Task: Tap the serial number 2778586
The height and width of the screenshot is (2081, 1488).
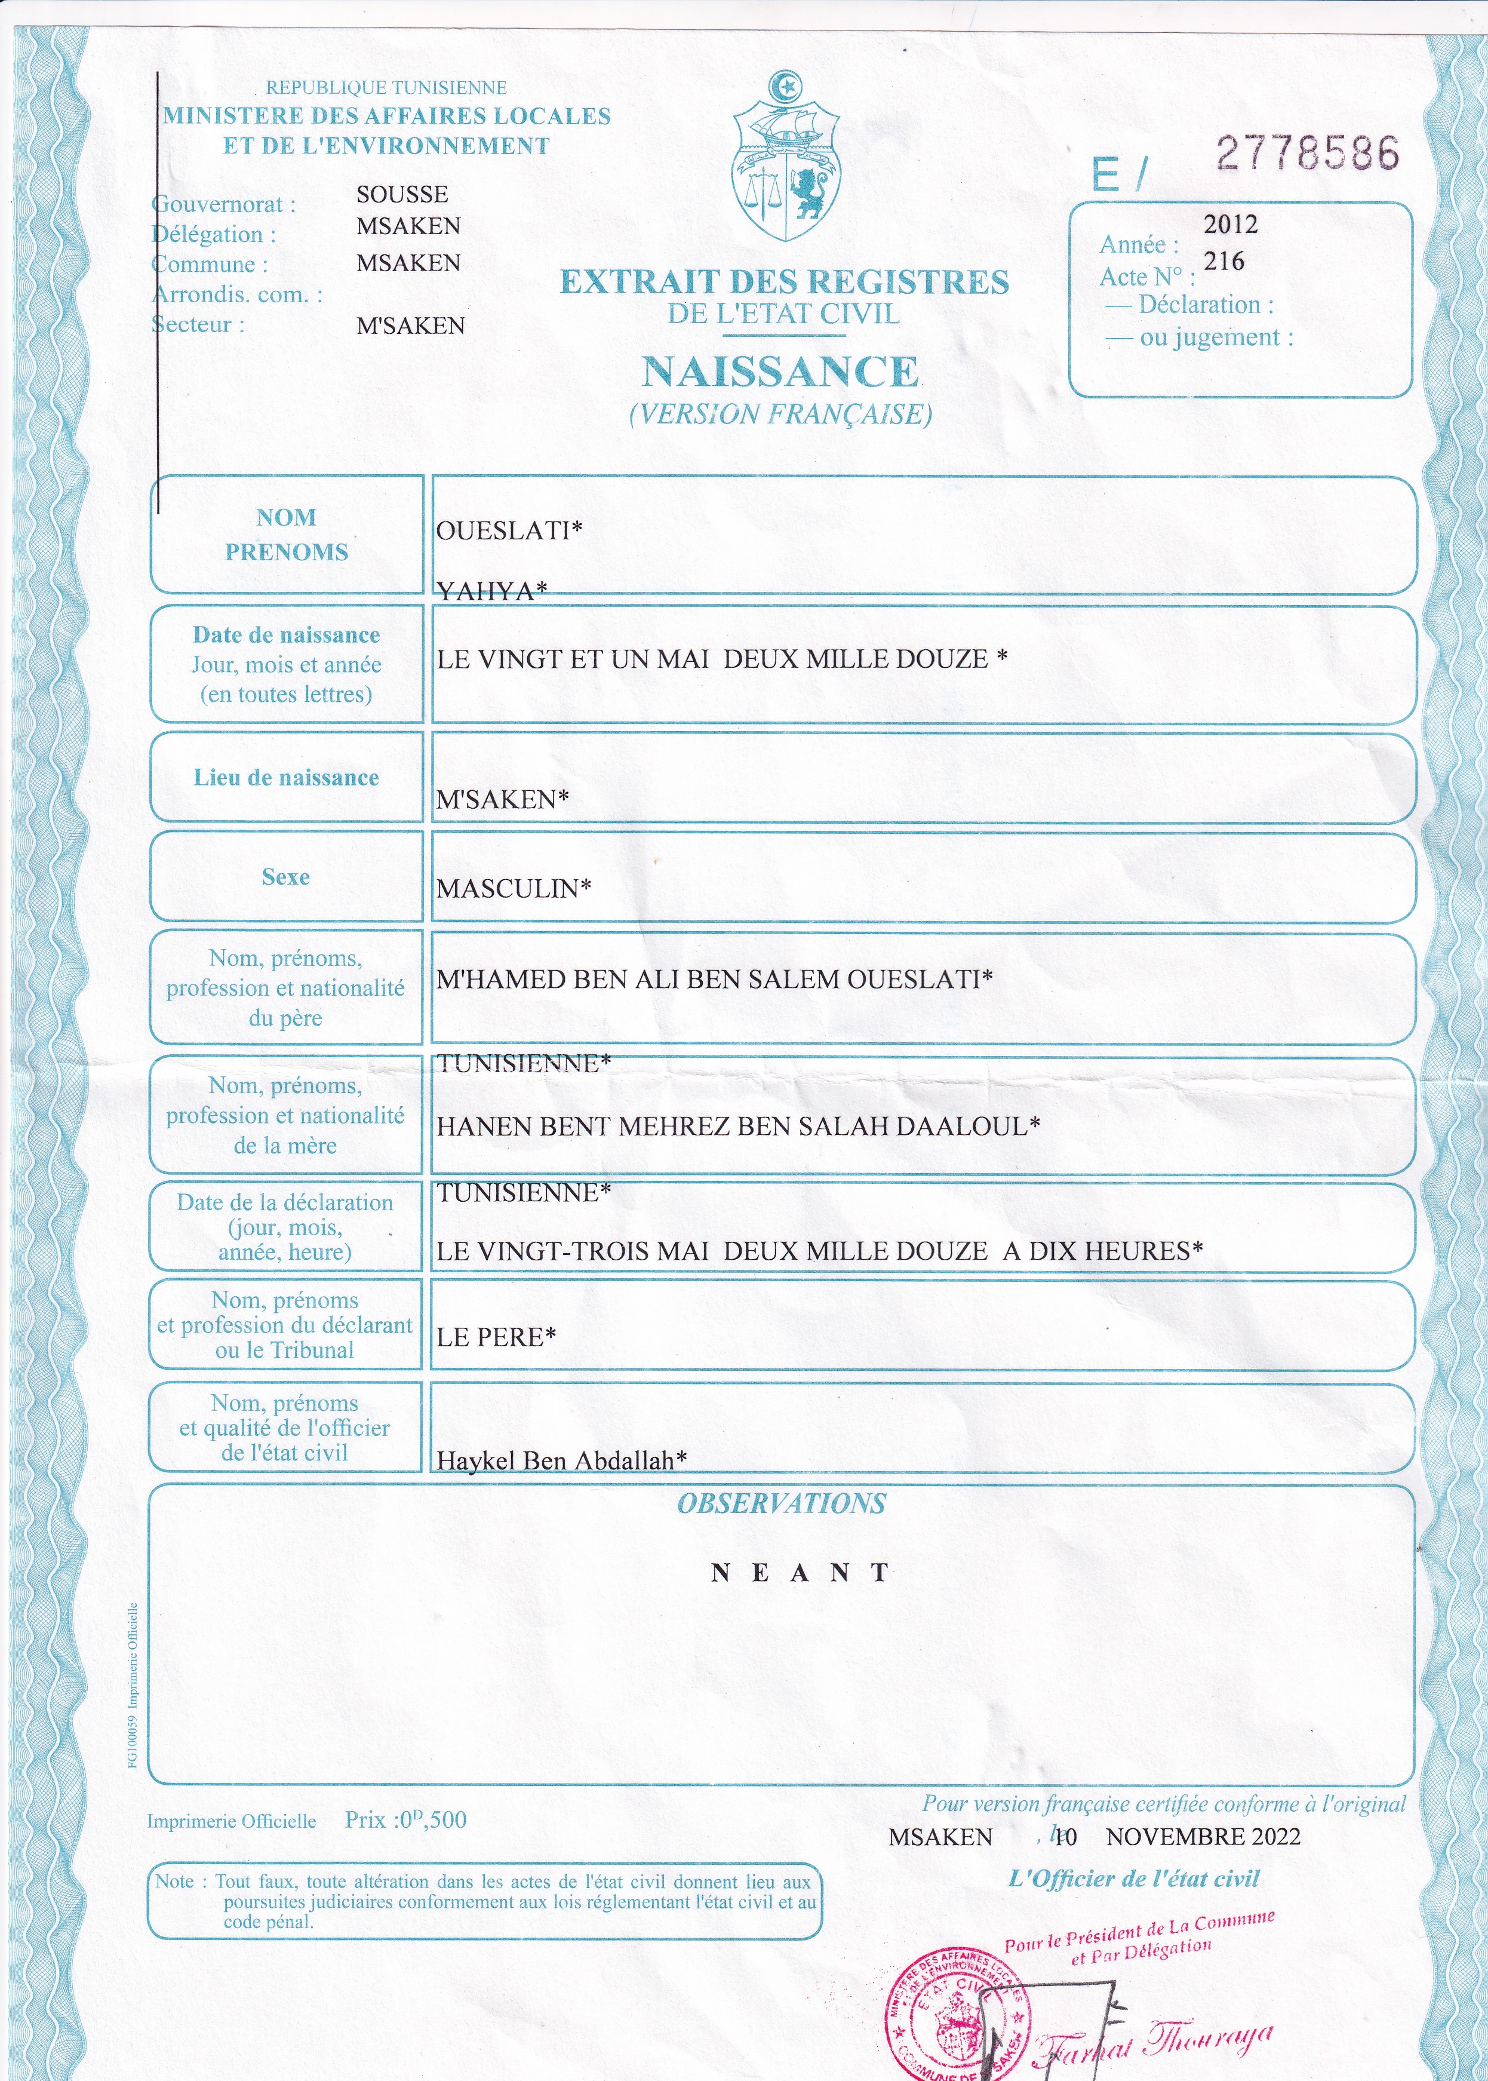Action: (1308, 153)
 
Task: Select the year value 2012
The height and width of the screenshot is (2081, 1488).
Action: (1231, 225)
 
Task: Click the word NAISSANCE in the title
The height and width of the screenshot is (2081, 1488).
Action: (780, 372)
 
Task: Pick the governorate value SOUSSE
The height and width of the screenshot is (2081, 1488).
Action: (402, 194)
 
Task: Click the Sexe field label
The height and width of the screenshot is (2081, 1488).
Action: (286, 877)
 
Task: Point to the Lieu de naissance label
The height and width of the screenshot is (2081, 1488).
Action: (286, 778)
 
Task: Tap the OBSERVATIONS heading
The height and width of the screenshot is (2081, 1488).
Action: (782, 1504)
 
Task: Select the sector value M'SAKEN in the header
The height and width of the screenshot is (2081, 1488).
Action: (410, 326)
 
